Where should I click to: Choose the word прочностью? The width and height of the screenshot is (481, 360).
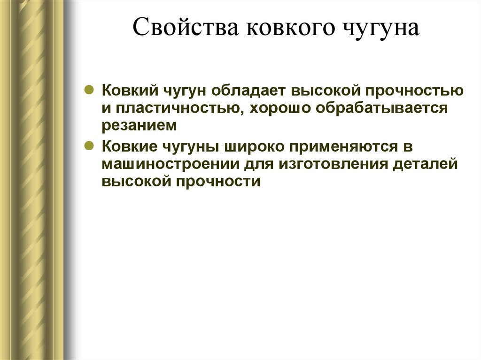(x=411, y=90)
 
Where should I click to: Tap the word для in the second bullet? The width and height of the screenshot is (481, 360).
(x=261, y=164)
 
